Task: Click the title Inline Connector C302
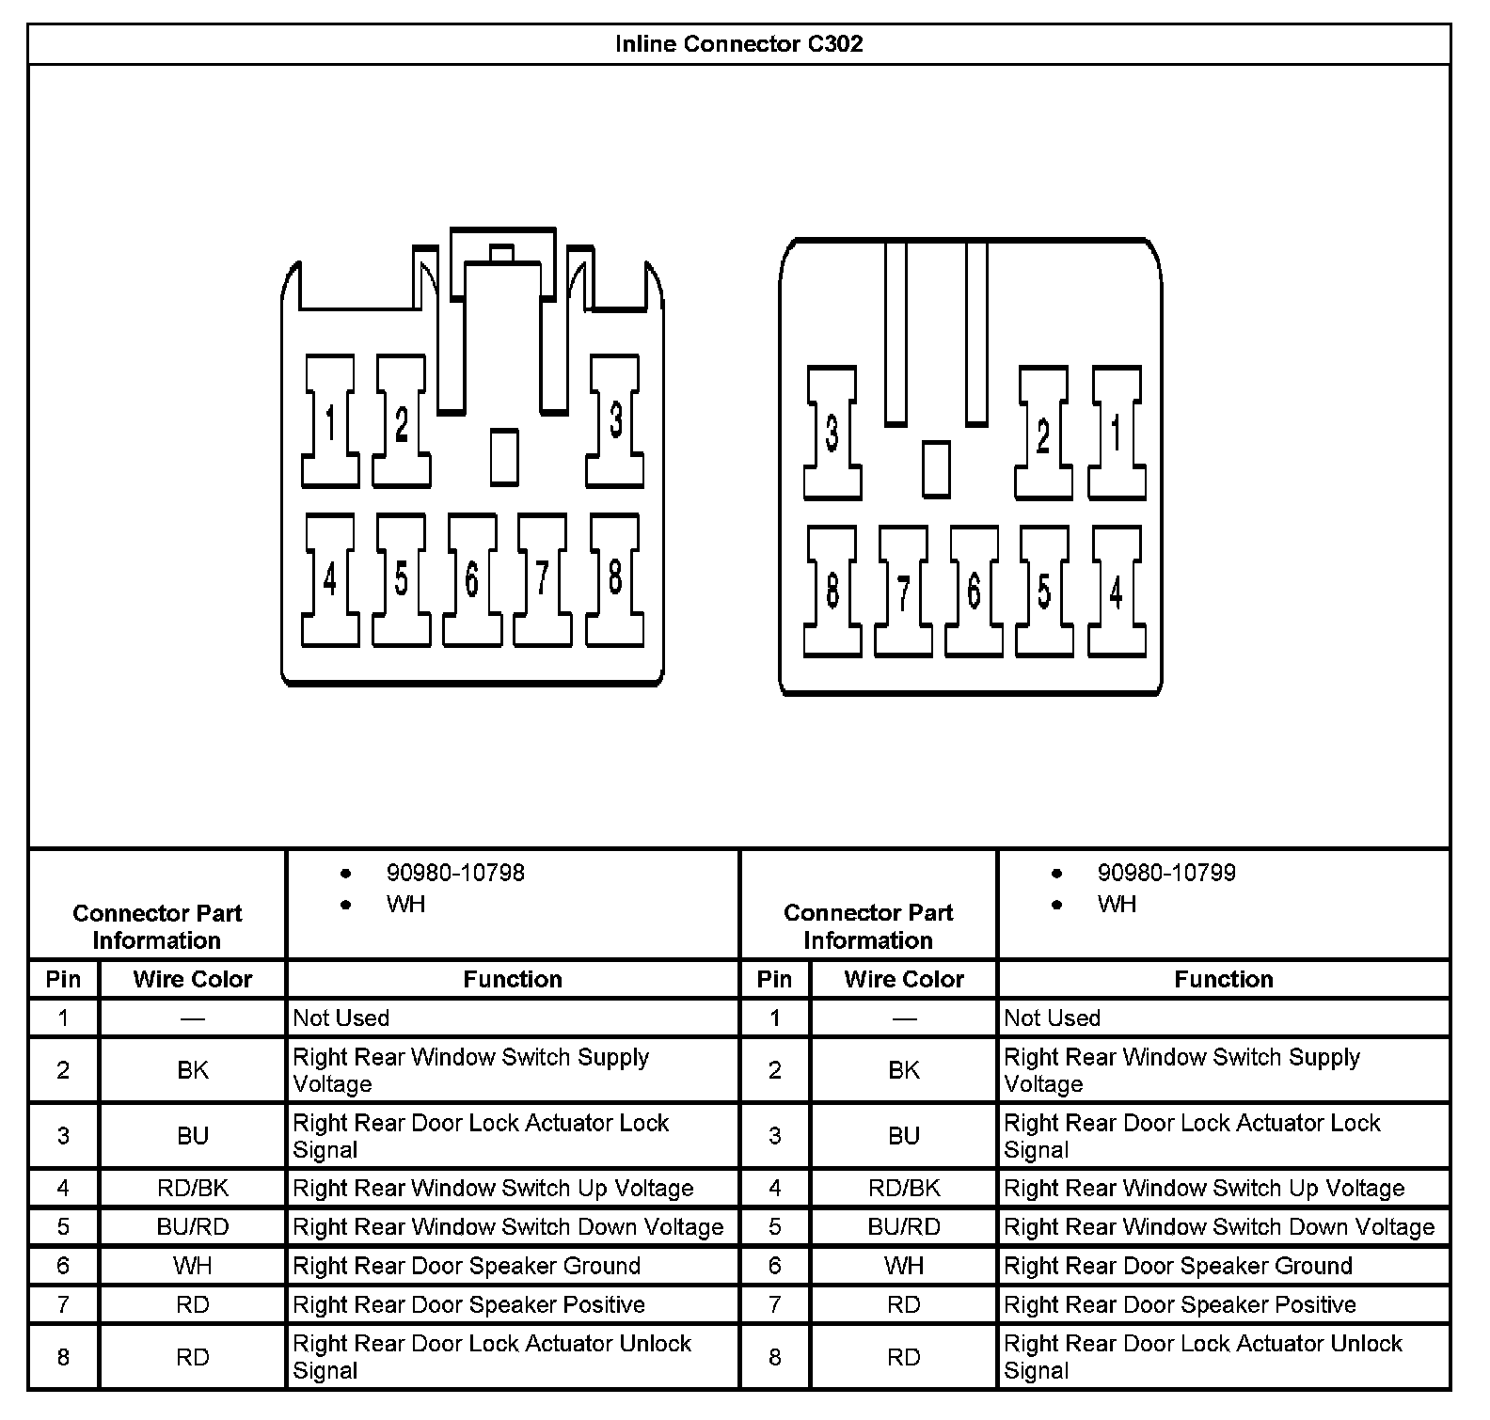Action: [738, 44]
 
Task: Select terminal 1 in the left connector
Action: [330, 421]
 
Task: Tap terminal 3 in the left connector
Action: [615, 420]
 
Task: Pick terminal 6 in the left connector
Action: [471, 579]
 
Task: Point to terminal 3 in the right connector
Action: [832, 434]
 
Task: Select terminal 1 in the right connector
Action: [1116, 434]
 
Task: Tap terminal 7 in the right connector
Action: [903, 592]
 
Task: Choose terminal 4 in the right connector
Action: [1116, 592]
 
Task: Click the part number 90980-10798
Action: [455, 873]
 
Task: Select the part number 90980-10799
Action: [1166, 873]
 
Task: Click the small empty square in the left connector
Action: [505, 456]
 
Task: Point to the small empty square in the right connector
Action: [936, 468]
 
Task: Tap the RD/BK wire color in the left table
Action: [193, 1188]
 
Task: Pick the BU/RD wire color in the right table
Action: [904, 1227]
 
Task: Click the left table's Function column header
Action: [513, 979]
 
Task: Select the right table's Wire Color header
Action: [904, 979]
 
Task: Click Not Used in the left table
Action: [341, 1018]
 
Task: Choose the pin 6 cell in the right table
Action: [774, 1266]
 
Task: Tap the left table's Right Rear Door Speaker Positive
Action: [469, 1305]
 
